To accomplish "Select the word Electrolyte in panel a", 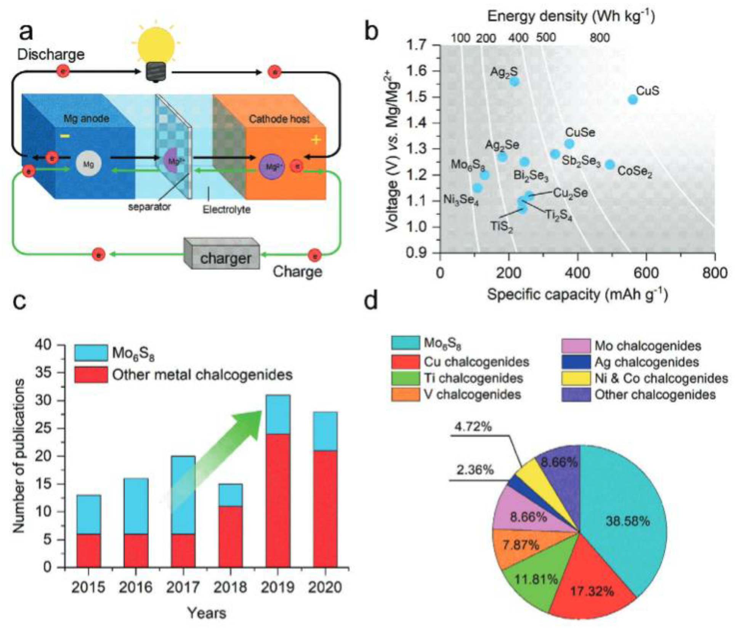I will pyautogui.click(x=226, y=210).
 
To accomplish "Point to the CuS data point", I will pyautogui.click(x=632, y=99).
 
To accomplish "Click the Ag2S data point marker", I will pyautogui.click(x=515, y=81).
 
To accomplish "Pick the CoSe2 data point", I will pyautogui.click(x=610, y=165).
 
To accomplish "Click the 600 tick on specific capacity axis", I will pyautogui.click(x=646, y=273).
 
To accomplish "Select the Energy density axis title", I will pyautogui.click(x=571, y=16).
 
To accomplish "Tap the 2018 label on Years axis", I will pyautogui.click(x=230, y=587).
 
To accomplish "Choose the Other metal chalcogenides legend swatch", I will pyautogui.click(x=91, y=375).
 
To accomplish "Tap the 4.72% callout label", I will pyautogui.click(x=473, y=427).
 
